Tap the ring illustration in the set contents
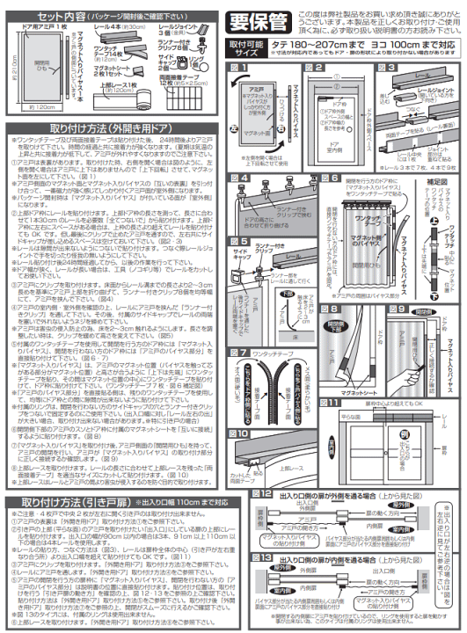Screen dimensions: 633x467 pyautogui.click(x=207, y=62)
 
